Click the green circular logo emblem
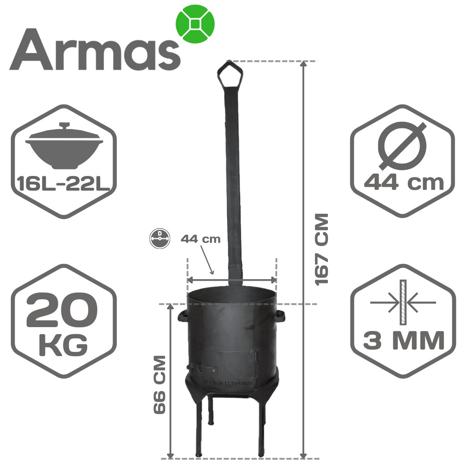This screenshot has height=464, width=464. (195, 24)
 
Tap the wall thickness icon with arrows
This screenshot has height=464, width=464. (403, 302)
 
